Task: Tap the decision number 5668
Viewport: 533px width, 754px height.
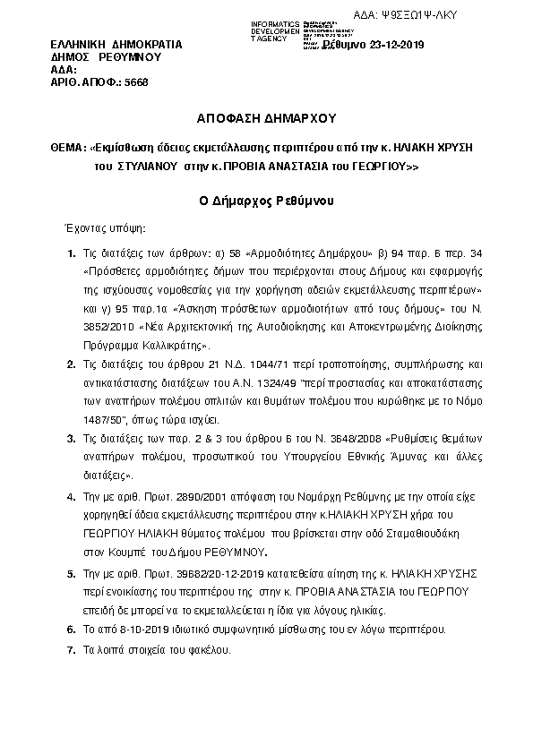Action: pos(133,81)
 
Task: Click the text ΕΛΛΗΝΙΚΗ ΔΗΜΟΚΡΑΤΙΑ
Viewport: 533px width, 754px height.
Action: pos(116,44)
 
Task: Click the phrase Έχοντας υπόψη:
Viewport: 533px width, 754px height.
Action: pos(99,229)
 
